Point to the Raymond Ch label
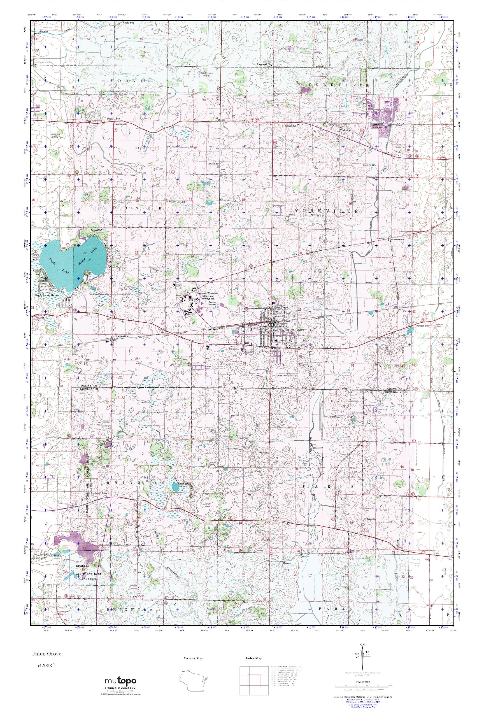coord(264,65)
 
